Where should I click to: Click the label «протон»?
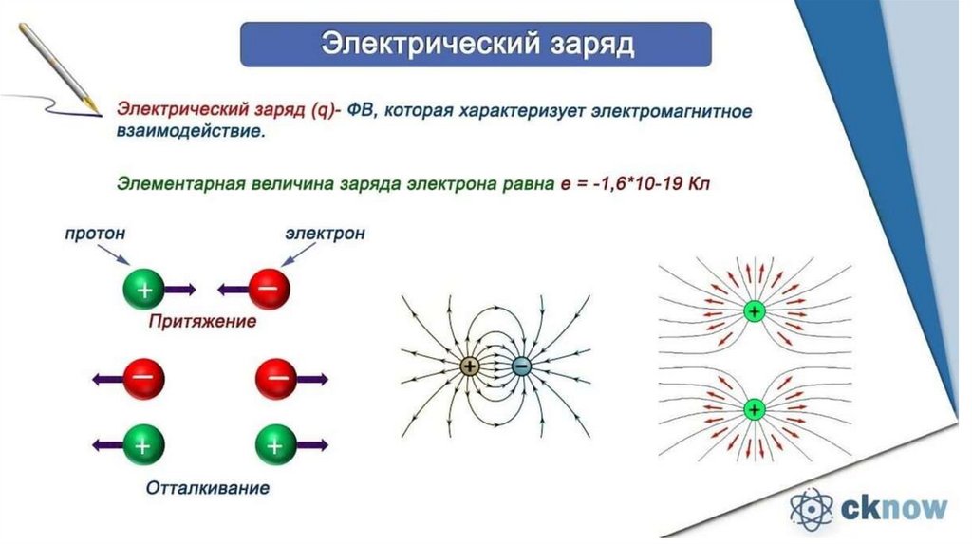click(95, 232)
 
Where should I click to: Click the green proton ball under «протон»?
click(143, 288)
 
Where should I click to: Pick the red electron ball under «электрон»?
click(269, 288)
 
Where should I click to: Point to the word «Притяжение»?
click(202, 322)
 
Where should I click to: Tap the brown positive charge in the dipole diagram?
click(472, 366)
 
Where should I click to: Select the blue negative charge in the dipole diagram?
click(521, 366)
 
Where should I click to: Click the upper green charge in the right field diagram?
click(754, 310)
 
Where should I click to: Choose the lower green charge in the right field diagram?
click(754, 409)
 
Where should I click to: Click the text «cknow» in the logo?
click(894, 508)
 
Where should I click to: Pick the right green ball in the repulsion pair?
click(276, 443)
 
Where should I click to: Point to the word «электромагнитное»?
click(672, 111)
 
